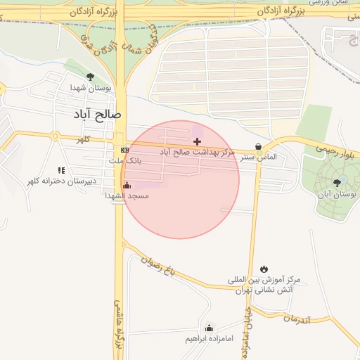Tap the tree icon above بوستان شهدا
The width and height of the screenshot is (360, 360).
point(89,77)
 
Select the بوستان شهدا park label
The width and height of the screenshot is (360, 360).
point(87,88)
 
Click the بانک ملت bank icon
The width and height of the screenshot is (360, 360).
point(124,150)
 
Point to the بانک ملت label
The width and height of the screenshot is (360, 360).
point(124,161)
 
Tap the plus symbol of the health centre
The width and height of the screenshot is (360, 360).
point(197,141)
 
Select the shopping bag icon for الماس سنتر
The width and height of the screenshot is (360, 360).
point(259,147)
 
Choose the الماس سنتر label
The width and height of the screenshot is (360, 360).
point(259,157)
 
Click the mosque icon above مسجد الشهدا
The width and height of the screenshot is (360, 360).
point(127,185)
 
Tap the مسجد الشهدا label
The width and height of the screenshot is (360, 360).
point(127,195)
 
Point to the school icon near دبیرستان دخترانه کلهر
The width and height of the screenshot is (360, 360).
point(61,170)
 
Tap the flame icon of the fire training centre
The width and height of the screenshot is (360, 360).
point(264,269)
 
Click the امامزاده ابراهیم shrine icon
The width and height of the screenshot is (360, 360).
point(209,328)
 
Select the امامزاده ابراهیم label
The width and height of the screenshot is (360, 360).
point(209,339)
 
